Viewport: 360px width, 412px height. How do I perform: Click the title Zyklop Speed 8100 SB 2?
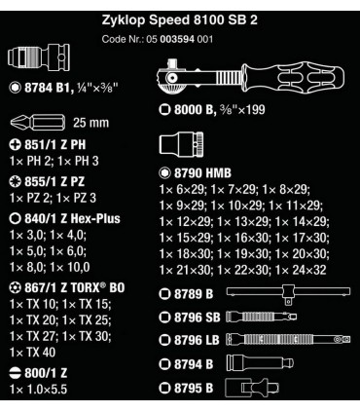[x=180, y=18]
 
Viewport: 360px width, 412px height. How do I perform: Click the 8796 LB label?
[x=198, y=339]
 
